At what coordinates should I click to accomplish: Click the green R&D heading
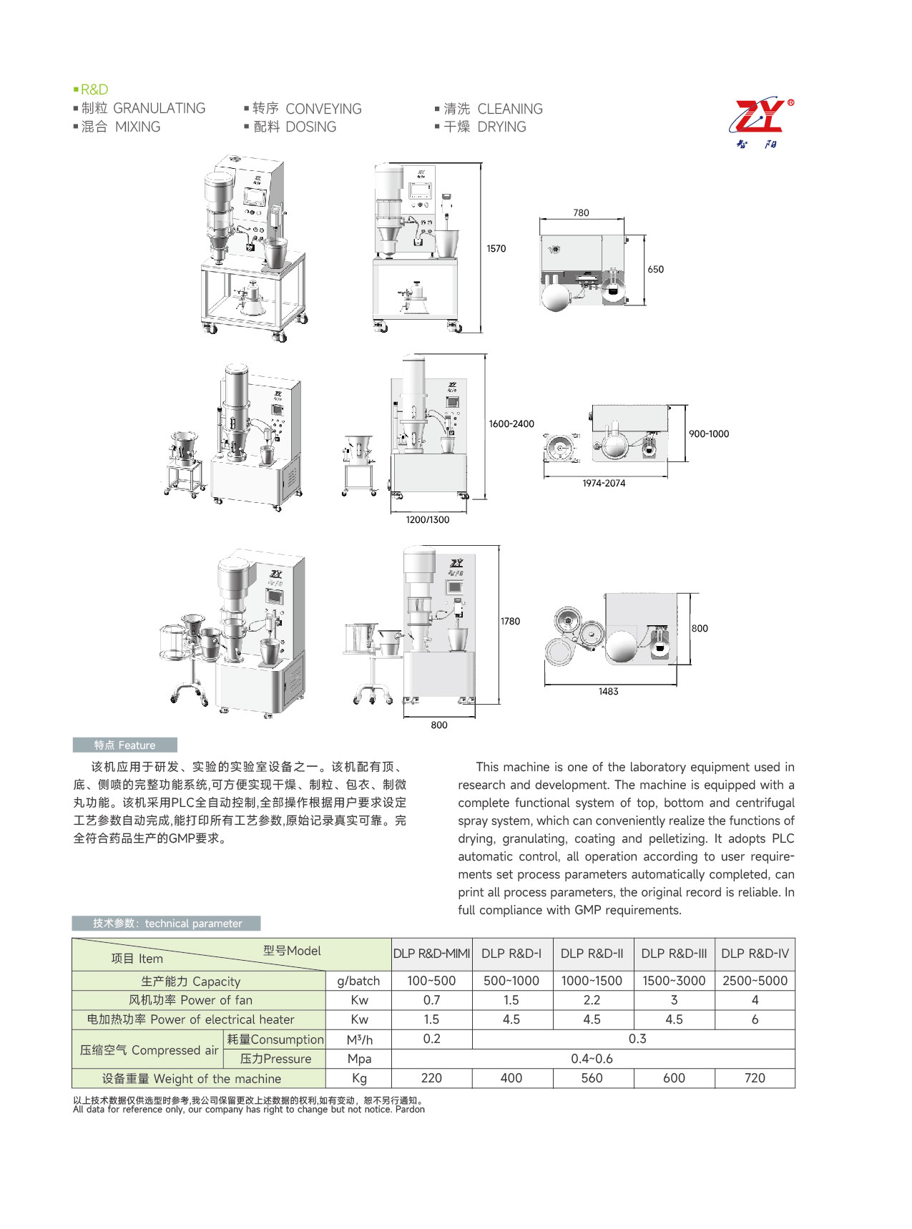tap(94, 89)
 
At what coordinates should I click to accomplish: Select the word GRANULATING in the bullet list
tap(159, 108)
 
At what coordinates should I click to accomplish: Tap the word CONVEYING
tap(323, 109)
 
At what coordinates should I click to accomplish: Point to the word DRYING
tap(501, 127)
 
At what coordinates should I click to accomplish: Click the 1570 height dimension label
tap(496, 249)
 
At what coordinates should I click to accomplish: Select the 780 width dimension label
tap(581, 212)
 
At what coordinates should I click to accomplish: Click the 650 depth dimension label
tap(655, 270)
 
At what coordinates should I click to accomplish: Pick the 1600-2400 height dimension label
tap(511, 423)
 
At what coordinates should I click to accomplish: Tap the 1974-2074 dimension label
tap(603, 484)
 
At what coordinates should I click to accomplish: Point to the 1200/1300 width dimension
tap(427, 520)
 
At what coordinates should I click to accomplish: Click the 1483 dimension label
tap(608, 692)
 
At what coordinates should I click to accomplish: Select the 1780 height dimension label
tap(510, 622)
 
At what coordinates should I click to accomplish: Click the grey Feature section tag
tap(124, 745)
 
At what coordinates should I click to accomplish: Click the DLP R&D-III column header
tap(673, 954)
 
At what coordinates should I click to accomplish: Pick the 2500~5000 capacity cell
tap(754, 981)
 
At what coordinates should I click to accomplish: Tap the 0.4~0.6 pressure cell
tap(592, 1059)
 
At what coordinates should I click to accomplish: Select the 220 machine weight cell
tap(431, 1078)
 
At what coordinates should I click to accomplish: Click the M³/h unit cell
tap(359, 1039)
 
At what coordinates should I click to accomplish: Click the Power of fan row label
tap(191, 1000)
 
